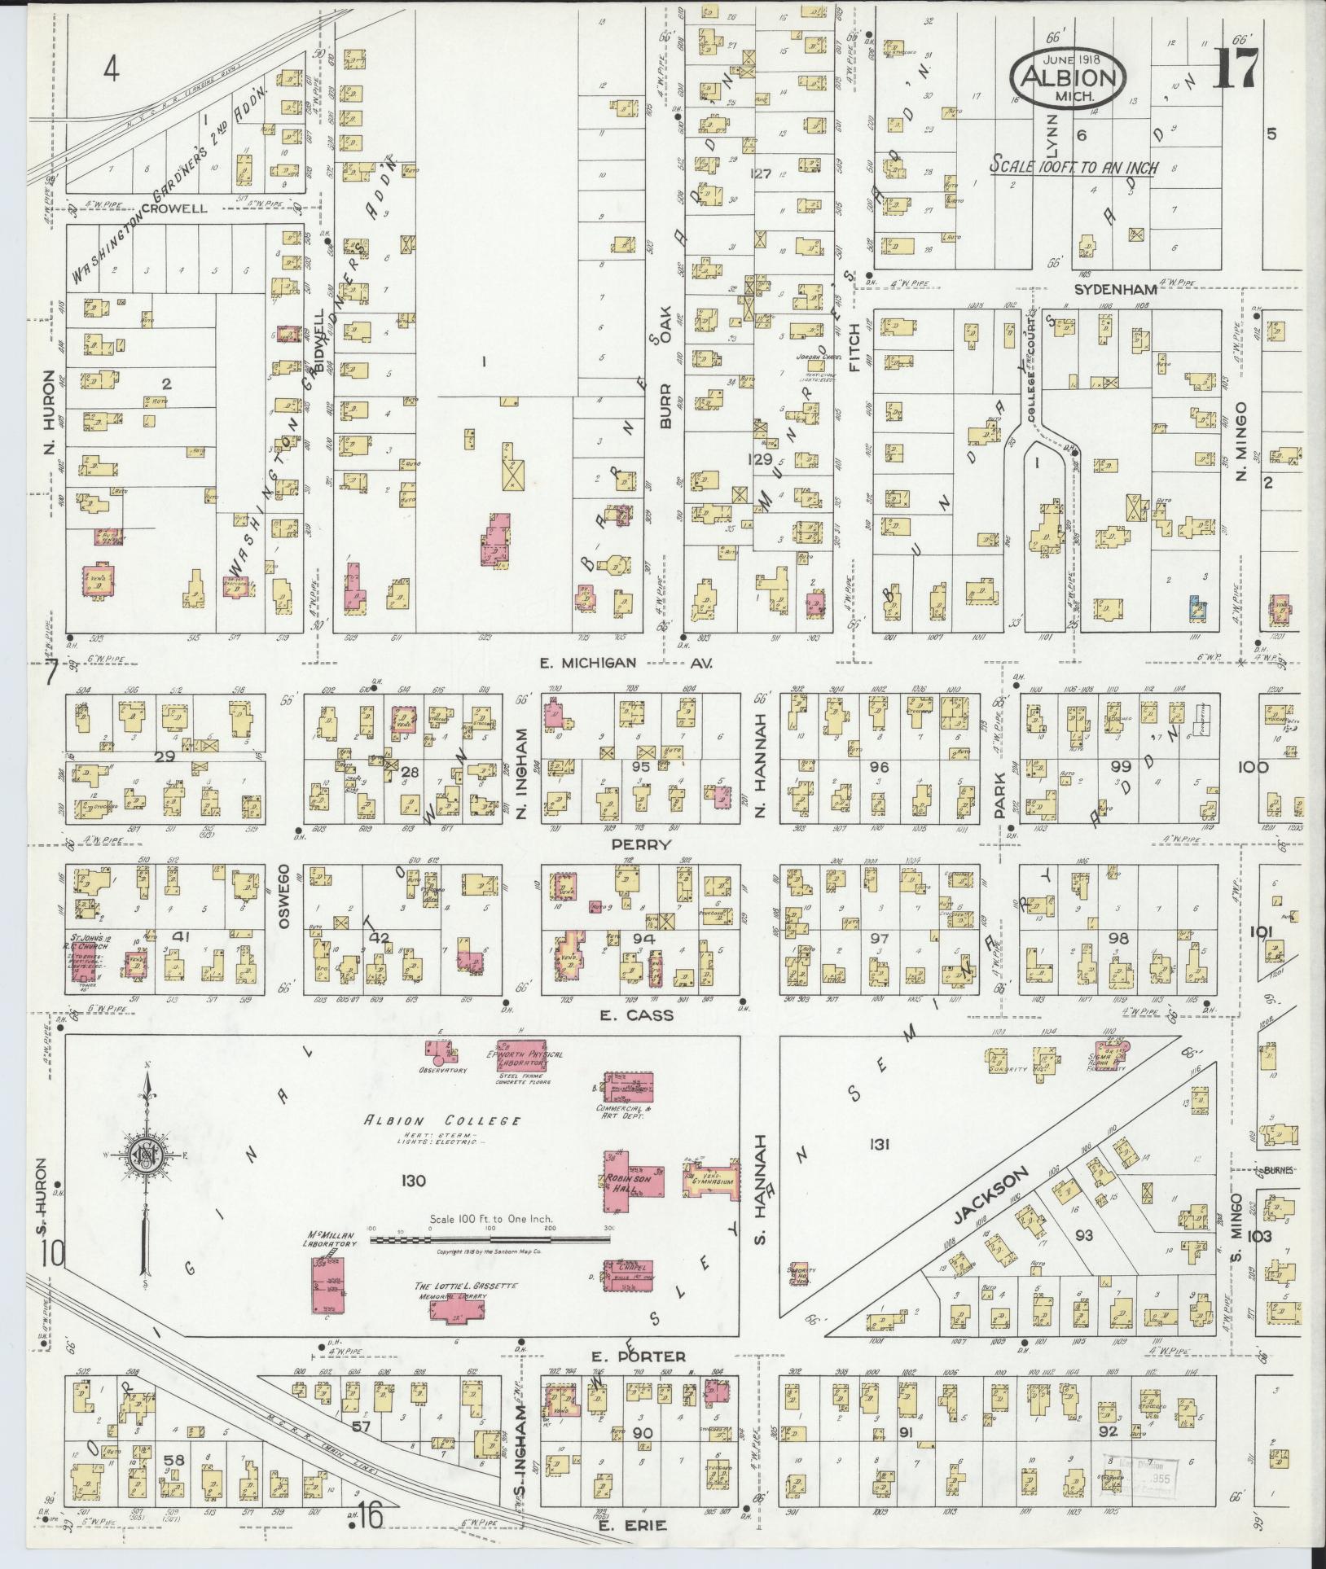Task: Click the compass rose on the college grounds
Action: (x=147, y=1155)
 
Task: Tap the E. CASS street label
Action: (x=648, y=1015)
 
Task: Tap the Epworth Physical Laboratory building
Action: (x=525, y=1054)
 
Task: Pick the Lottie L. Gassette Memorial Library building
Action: (x=455, y=1312)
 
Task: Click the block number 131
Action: (x=879, y=1145)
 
